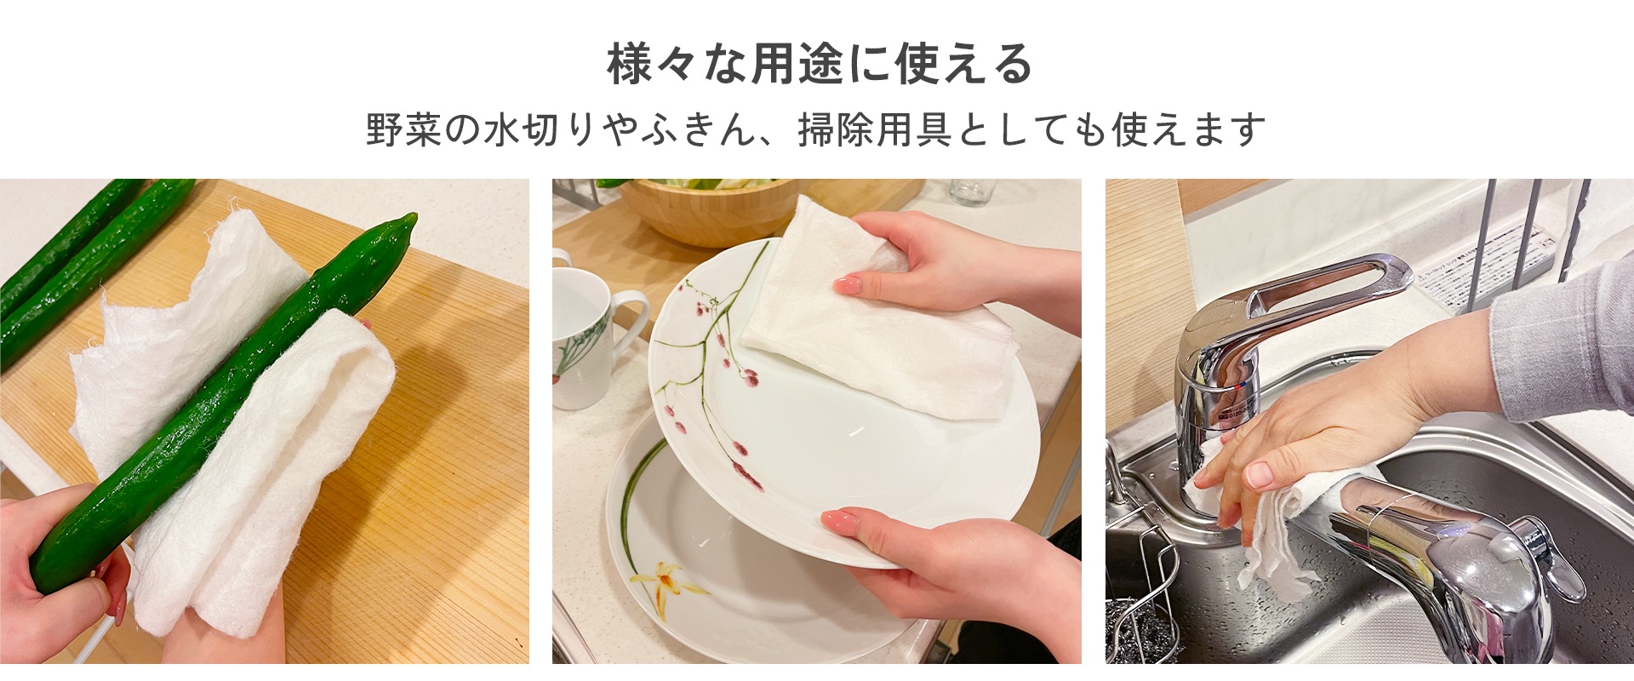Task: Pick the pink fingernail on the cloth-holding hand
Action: (x=847, y=284)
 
